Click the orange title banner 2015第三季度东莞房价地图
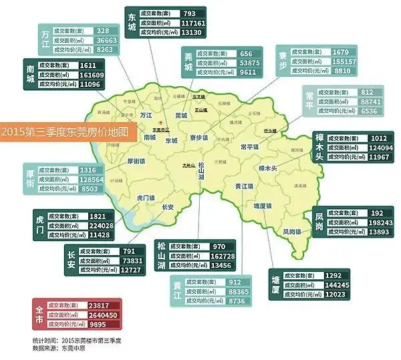coord(65,132)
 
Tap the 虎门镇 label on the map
coord(146,198)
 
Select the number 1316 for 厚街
coord(90,170)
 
